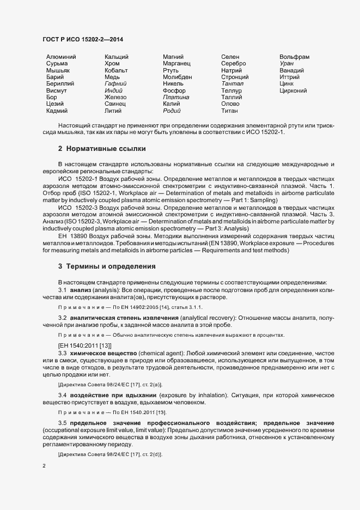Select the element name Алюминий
point(61,57)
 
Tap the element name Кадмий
point(57,111)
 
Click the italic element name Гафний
point(115,84)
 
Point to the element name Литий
point(113,111)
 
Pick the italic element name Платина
point(176,97)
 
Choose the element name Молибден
point(177,77)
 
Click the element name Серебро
point(234,64)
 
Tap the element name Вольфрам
point(294,57)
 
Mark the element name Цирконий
point(293,90)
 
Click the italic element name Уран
point(286,64)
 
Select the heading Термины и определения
point(111,266)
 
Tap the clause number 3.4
point(63,394)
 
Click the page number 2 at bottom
point(44,466)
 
